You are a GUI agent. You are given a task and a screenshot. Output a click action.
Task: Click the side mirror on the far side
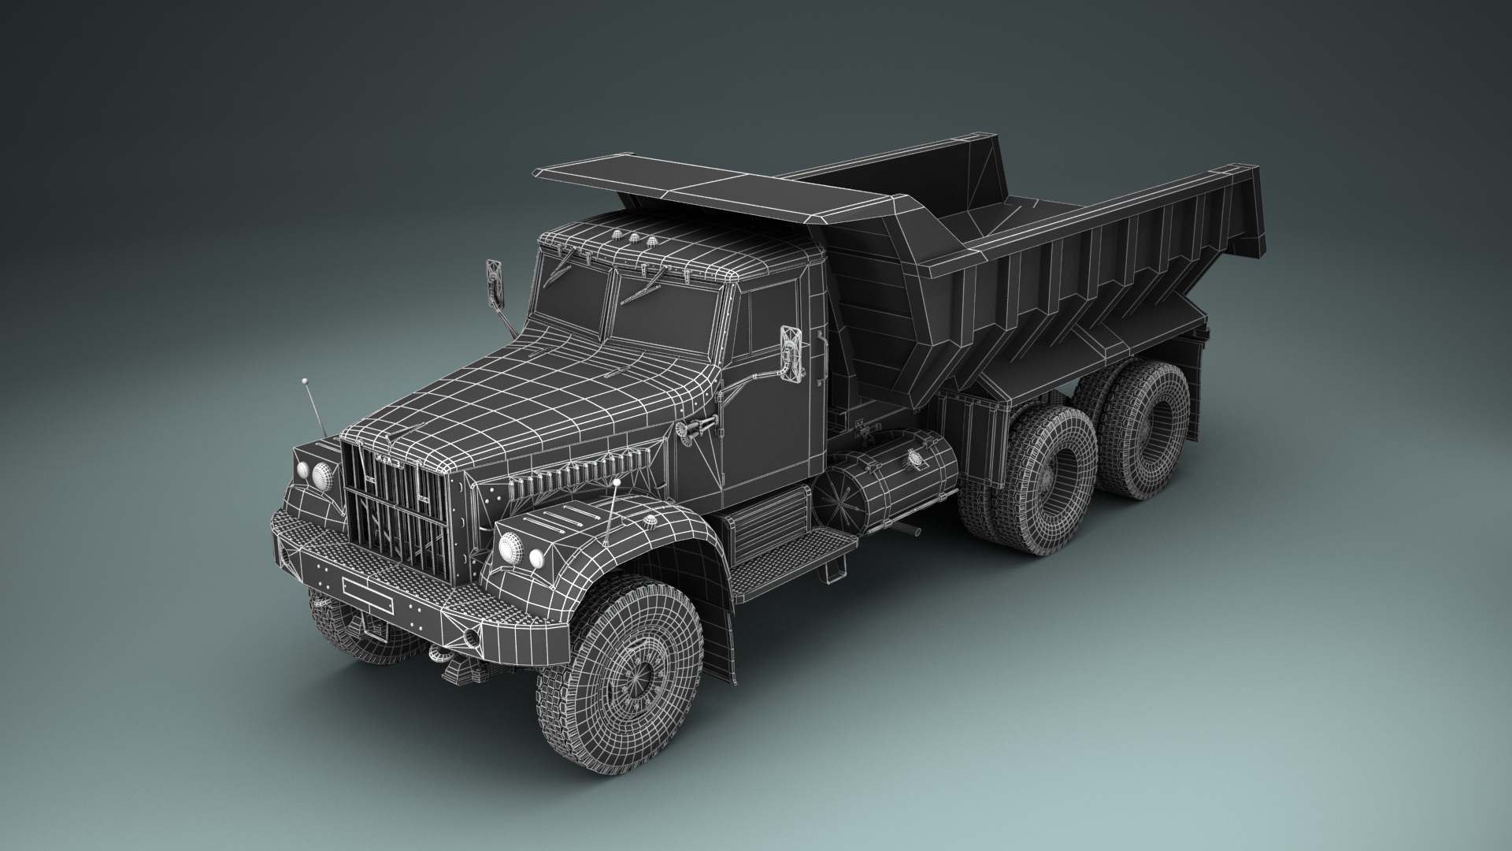[494, 281]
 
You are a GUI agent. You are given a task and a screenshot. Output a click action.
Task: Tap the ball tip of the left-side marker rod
[304, 382]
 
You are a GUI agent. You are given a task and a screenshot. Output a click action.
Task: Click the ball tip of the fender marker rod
[618, 481]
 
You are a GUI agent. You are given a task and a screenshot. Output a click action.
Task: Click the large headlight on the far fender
[321, 476]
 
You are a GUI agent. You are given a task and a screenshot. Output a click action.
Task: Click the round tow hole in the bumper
[471, 634]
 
